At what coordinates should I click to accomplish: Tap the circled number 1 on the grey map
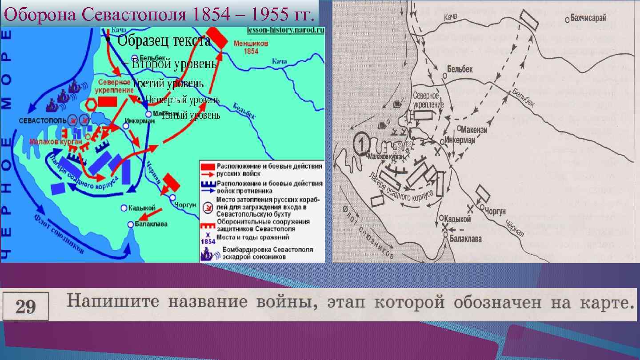[x=361, y=143]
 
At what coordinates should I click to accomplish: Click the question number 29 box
[x=25, y=307]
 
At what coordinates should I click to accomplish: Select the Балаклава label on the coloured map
[x=151, y=224]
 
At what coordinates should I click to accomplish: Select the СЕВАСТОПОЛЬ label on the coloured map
[x=43, y=120]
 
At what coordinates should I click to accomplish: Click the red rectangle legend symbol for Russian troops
[x=207, y=166]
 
